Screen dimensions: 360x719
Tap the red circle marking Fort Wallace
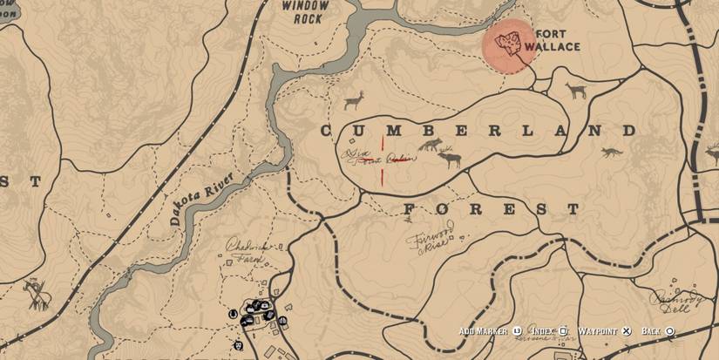(509, 44)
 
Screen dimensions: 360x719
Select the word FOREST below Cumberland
(491, 210)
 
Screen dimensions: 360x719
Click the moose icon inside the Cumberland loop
(449, 159)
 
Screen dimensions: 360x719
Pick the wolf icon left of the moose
(428, 145)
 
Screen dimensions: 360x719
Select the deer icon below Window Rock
(354, 101)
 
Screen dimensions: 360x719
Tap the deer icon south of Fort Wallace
(576, 90)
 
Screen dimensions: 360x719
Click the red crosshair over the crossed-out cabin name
(381, 160)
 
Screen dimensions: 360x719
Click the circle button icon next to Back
(669, 331)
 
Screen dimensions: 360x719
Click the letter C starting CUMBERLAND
(327, 132)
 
